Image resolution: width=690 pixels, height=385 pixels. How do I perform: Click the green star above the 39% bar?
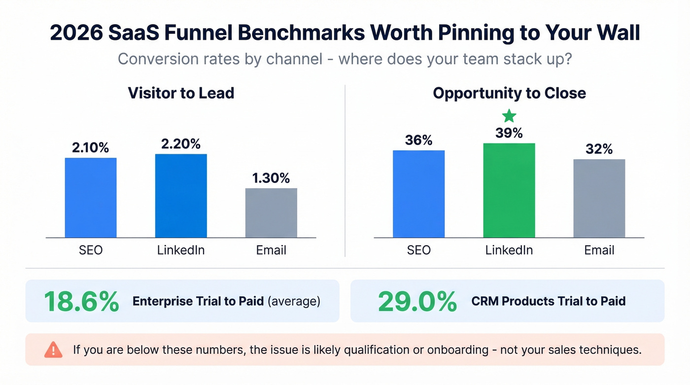click(x=509, y=116)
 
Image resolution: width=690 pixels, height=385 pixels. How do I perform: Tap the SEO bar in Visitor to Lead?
click(x=91, y=198)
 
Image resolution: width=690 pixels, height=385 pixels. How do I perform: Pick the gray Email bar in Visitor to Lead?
click(x=271, y=213)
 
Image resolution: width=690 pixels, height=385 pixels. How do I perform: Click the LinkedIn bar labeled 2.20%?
click(x=181, y=196)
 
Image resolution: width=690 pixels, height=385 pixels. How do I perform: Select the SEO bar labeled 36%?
click(x=418, y=194)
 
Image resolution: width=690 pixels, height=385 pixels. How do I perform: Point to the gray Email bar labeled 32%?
click(x=599, y=198)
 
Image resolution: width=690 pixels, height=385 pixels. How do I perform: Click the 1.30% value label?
click(x=271, y=178)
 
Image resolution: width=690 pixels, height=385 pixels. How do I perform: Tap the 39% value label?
click(x=509, y=133)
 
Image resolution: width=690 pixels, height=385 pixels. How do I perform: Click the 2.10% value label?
click(x=91, y=147)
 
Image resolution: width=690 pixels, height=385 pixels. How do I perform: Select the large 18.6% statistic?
click(x=81, y=301)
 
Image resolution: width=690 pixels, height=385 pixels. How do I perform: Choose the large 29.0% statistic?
click(x=417, y=301)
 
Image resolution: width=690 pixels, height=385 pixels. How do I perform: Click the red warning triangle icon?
click(x=53, y=350)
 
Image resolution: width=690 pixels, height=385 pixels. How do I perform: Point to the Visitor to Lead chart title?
click(x=181, y=93)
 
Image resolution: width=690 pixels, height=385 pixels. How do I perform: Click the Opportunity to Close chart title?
click(x=509, y=93)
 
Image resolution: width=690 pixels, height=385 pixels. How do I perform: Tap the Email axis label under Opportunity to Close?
click(x=599, y=250)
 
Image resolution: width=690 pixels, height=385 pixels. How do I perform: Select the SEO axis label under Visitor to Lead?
click(x=91, y=250)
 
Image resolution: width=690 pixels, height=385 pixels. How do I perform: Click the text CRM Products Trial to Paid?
click(x=548, y=301)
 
